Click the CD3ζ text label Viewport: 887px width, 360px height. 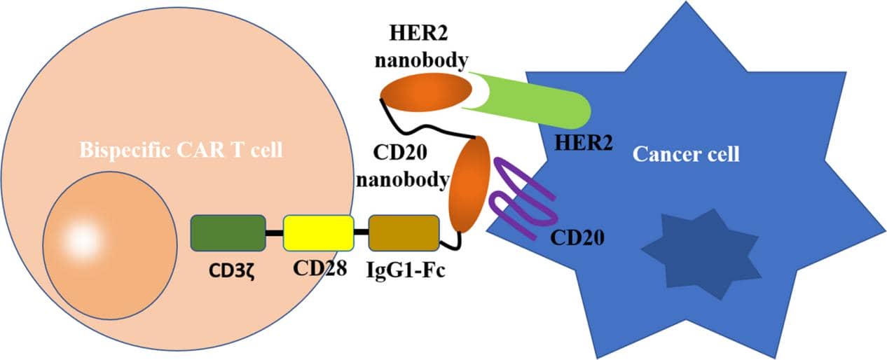coord(229,270)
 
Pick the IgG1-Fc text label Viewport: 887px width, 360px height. coord(406,270)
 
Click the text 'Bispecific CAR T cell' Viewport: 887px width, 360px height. coord(181,150)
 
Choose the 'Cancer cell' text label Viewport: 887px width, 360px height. coord(686,153)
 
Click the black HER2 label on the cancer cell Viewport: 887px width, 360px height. coord(583,143)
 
